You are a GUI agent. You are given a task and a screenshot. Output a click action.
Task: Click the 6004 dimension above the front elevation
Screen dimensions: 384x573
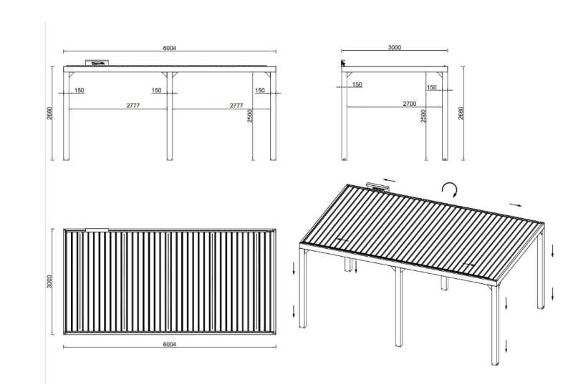[x=169, y=48]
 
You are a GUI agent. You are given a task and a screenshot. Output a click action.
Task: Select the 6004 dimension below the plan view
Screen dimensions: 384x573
[x=169, y=344]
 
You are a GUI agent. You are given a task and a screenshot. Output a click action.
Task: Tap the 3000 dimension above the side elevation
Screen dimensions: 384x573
[x=394, y=47]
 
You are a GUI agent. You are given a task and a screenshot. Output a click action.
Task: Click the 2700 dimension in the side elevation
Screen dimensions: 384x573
[x=410, y=104]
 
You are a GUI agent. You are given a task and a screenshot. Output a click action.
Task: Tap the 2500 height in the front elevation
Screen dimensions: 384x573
[x=250, y=115]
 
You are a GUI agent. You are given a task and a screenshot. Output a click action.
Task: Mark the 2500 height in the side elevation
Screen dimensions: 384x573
[x=423, y=115]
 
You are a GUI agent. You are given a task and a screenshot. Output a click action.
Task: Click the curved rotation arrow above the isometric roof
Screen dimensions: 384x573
[x=449, y=188]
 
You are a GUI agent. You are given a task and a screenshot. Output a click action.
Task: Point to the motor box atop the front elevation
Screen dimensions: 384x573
[x=97, y=63]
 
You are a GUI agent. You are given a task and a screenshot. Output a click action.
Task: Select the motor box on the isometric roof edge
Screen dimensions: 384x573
[x=377, y=187]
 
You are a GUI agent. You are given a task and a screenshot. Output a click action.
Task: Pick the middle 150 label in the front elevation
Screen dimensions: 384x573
[x=157, y=90]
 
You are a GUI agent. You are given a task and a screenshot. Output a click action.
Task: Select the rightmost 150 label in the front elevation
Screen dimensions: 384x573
[x=260, y=90]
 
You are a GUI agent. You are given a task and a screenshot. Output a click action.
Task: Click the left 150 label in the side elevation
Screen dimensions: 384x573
[x=357, y=84]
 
